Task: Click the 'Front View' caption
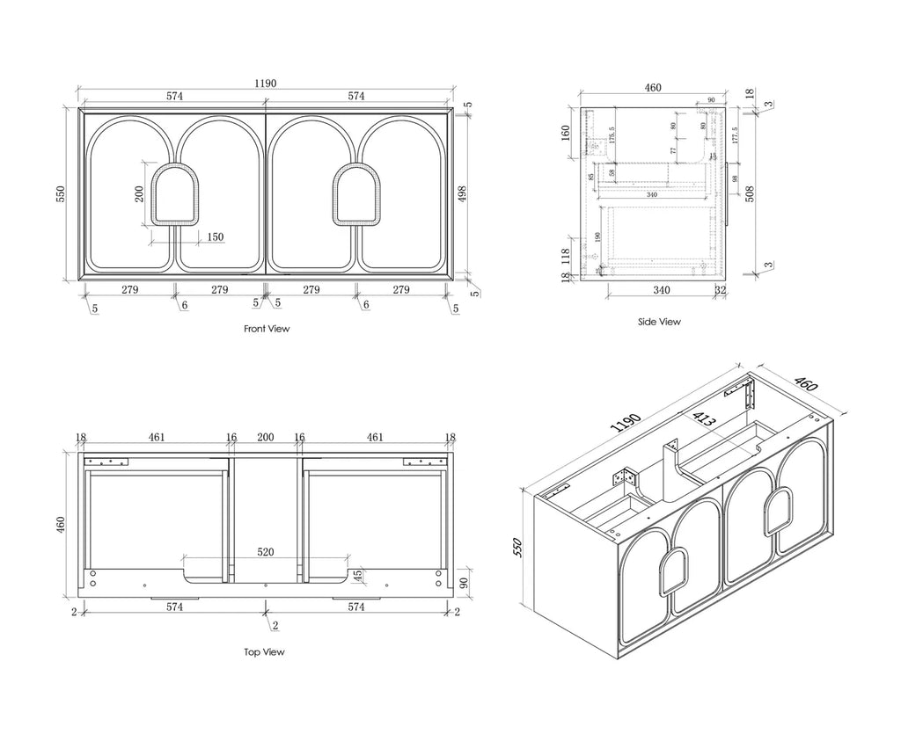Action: [x=266, y=329]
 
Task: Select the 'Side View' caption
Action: [x=659, y=322]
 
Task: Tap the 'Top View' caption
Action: [x=264, y=652]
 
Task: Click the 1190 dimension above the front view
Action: [x=266, y=84]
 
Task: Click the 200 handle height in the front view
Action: [x=140, y=193]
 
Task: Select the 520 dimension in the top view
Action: [x=266, y=552]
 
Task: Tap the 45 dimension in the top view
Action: [x=357, y=576]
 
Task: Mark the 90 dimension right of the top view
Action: [x=463, y=582]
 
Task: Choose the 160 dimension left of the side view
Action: [x=564, y=133]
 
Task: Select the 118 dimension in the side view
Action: [x=564, y=256]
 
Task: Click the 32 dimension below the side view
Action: [x=721, y=290]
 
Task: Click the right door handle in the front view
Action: [x=356, y=193]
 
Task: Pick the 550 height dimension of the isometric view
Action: [x=517, y=549]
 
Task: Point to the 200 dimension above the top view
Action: [x=265, y=437]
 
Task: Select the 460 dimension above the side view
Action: [x=653, y=88]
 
